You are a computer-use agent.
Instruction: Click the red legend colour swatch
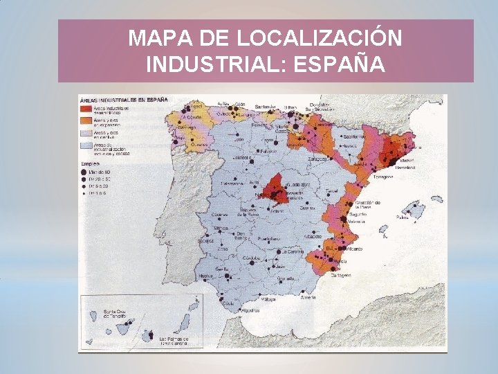pyautogui.click(x=86, y=109)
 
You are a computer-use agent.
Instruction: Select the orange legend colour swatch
pyautogui.click(x=86, y=121)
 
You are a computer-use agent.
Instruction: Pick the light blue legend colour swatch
pyautogui.click(x=86, y=145)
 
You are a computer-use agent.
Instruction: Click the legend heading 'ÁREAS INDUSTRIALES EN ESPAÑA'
pyautogui.click(x=124, y=99)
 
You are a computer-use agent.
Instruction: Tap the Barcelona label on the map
pyautogui.click(x=404, y=167)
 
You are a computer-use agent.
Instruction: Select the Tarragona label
pyautogui.click(x=382, y=177)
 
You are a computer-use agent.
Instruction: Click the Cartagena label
pyautogui.click(x=340, y=275)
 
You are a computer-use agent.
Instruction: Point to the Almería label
pyautogui.click(x=308, y=297)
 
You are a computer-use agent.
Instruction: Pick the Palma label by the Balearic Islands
pyautogui.click(x=403, y=216)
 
